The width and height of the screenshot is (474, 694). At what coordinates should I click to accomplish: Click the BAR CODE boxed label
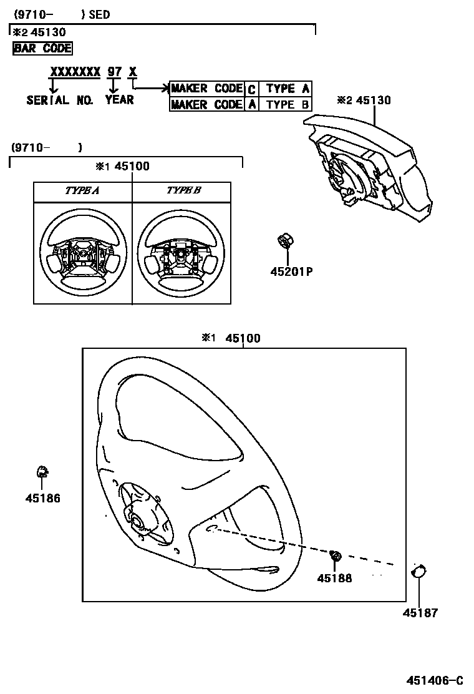[42, 48]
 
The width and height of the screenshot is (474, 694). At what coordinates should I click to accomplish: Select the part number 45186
[43, 498]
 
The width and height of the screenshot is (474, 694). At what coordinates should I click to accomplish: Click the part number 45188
[334, 579]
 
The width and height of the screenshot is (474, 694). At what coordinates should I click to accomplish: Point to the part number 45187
[420, 613]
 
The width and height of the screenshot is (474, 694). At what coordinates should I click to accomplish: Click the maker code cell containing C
[251, 89]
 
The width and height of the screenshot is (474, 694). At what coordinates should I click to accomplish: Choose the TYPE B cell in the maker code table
[288, 104]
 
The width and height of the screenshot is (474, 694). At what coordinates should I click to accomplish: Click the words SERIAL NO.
[60, 100]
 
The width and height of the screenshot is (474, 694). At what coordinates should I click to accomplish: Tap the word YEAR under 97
[119, 100]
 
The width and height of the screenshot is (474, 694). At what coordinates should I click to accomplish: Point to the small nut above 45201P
[286, 240]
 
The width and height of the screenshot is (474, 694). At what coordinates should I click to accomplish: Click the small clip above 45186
[42, 472]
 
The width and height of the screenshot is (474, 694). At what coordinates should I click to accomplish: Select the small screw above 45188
[336, 555]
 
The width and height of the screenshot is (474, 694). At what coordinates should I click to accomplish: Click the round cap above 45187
[418, 571]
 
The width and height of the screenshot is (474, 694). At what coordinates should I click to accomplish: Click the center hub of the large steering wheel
[136, 518]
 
